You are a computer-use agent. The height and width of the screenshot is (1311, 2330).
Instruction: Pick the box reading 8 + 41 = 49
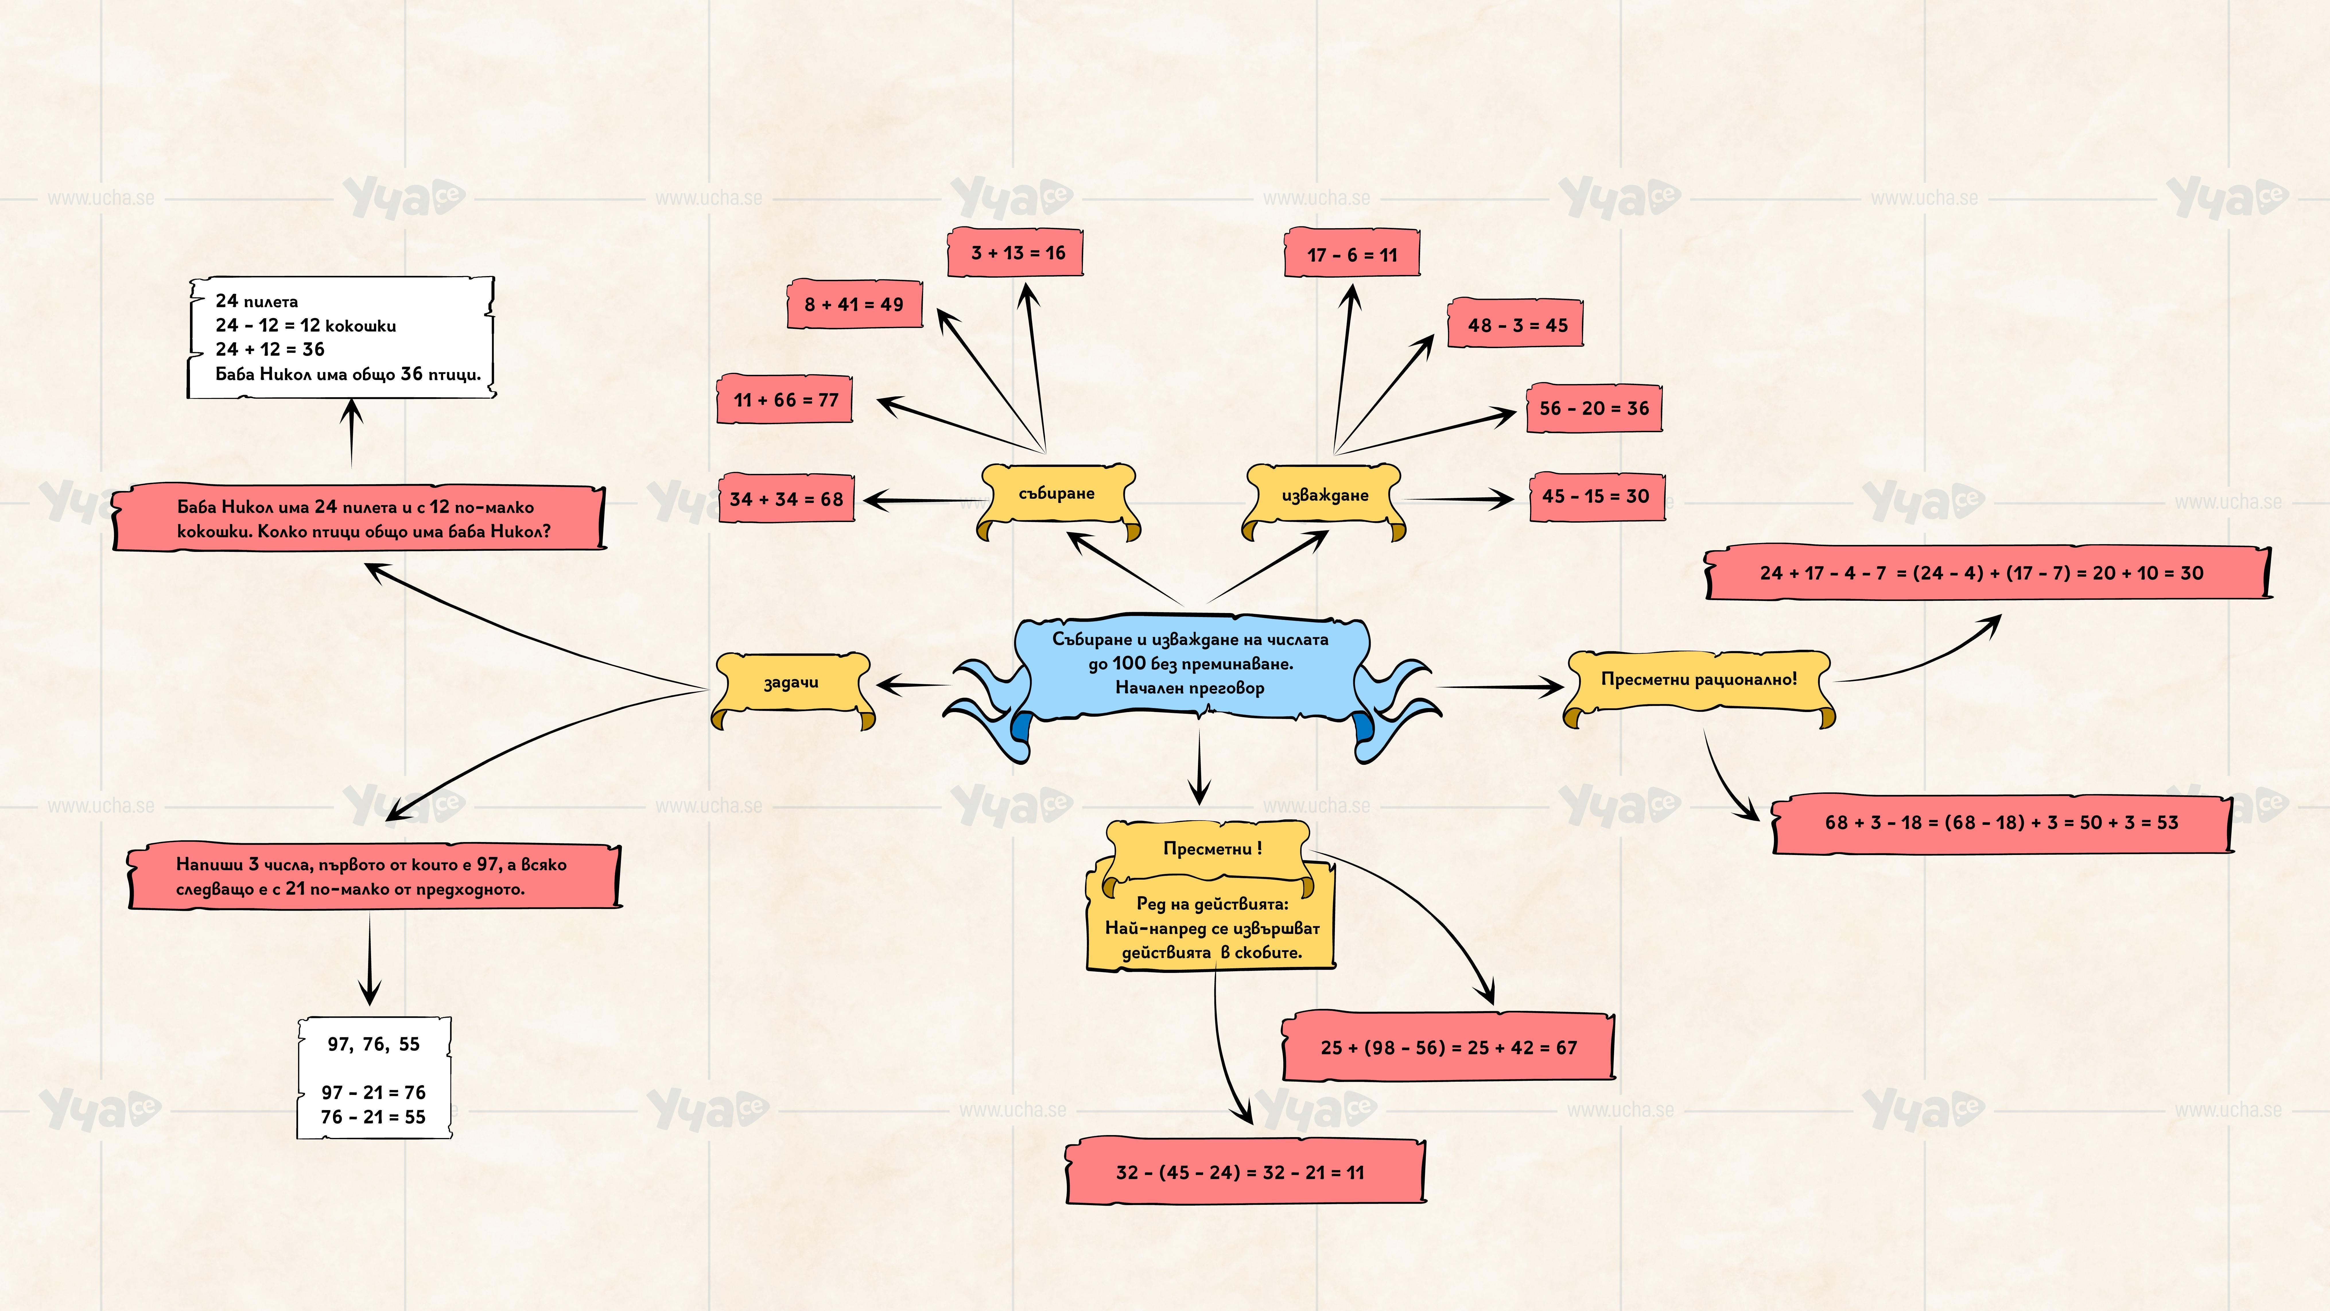(854, 305)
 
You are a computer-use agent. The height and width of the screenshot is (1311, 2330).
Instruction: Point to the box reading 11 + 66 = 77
(785, 400)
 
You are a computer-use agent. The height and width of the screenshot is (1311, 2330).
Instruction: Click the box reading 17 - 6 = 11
(1351, 255)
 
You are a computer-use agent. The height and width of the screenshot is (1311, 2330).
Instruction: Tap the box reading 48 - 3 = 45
(1517, 325)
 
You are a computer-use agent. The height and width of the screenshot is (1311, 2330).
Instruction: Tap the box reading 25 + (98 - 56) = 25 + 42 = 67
(1448, 1048)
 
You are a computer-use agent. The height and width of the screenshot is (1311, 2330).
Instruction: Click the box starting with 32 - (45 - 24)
(1244, 1173)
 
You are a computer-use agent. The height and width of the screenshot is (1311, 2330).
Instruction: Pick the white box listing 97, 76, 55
(374, 1079)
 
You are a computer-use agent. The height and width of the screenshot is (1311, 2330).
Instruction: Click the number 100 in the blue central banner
(1129, 663)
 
